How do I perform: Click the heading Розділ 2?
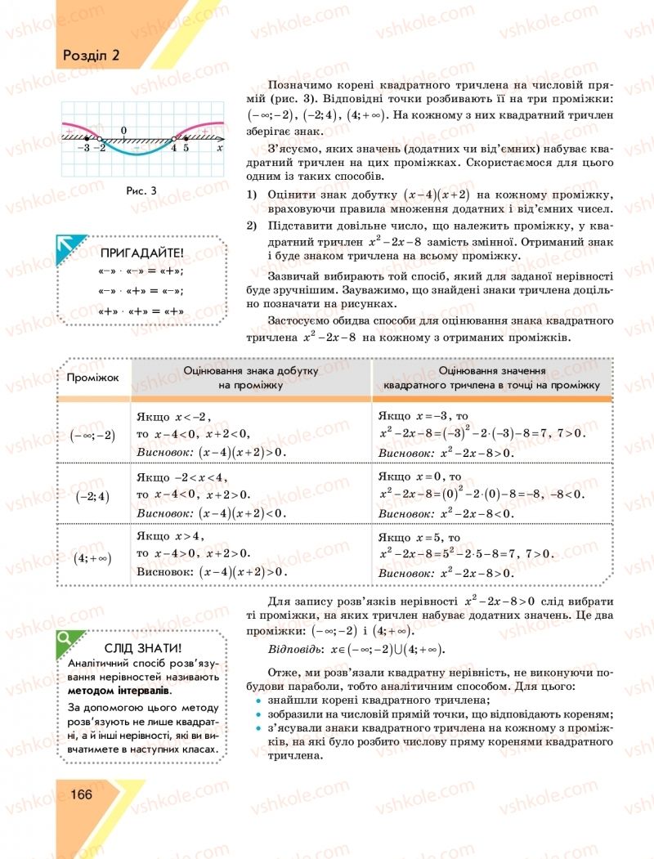coord(91,56)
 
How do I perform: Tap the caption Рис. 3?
coord(141,190)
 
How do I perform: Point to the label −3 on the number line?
coord(83,149)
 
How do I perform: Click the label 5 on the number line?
coord(186,149)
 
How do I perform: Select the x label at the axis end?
coord(219,149)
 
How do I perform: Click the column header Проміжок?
coord(93,377)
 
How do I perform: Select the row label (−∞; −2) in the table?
coord(92,435)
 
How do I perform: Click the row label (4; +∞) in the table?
coord(92,557)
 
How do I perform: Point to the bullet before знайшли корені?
coord(258,700)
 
